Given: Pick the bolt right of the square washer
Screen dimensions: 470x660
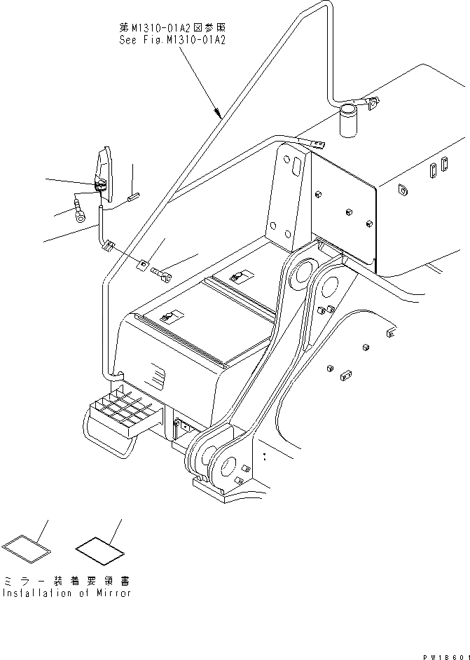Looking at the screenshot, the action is tap(163, 275).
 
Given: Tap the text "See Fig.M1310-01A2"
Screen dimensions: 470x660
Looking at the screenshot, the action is tap(172, 40).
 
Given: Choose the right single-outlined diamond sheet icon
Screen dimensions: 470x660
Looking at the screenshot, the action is tap(99, 547).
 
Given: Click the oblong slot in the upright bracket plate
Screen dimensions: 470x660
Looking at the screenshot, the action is tap(296, 167).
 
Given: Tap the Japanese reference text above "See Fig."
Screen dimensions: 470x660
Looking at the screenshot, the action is tap(172, 29).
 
